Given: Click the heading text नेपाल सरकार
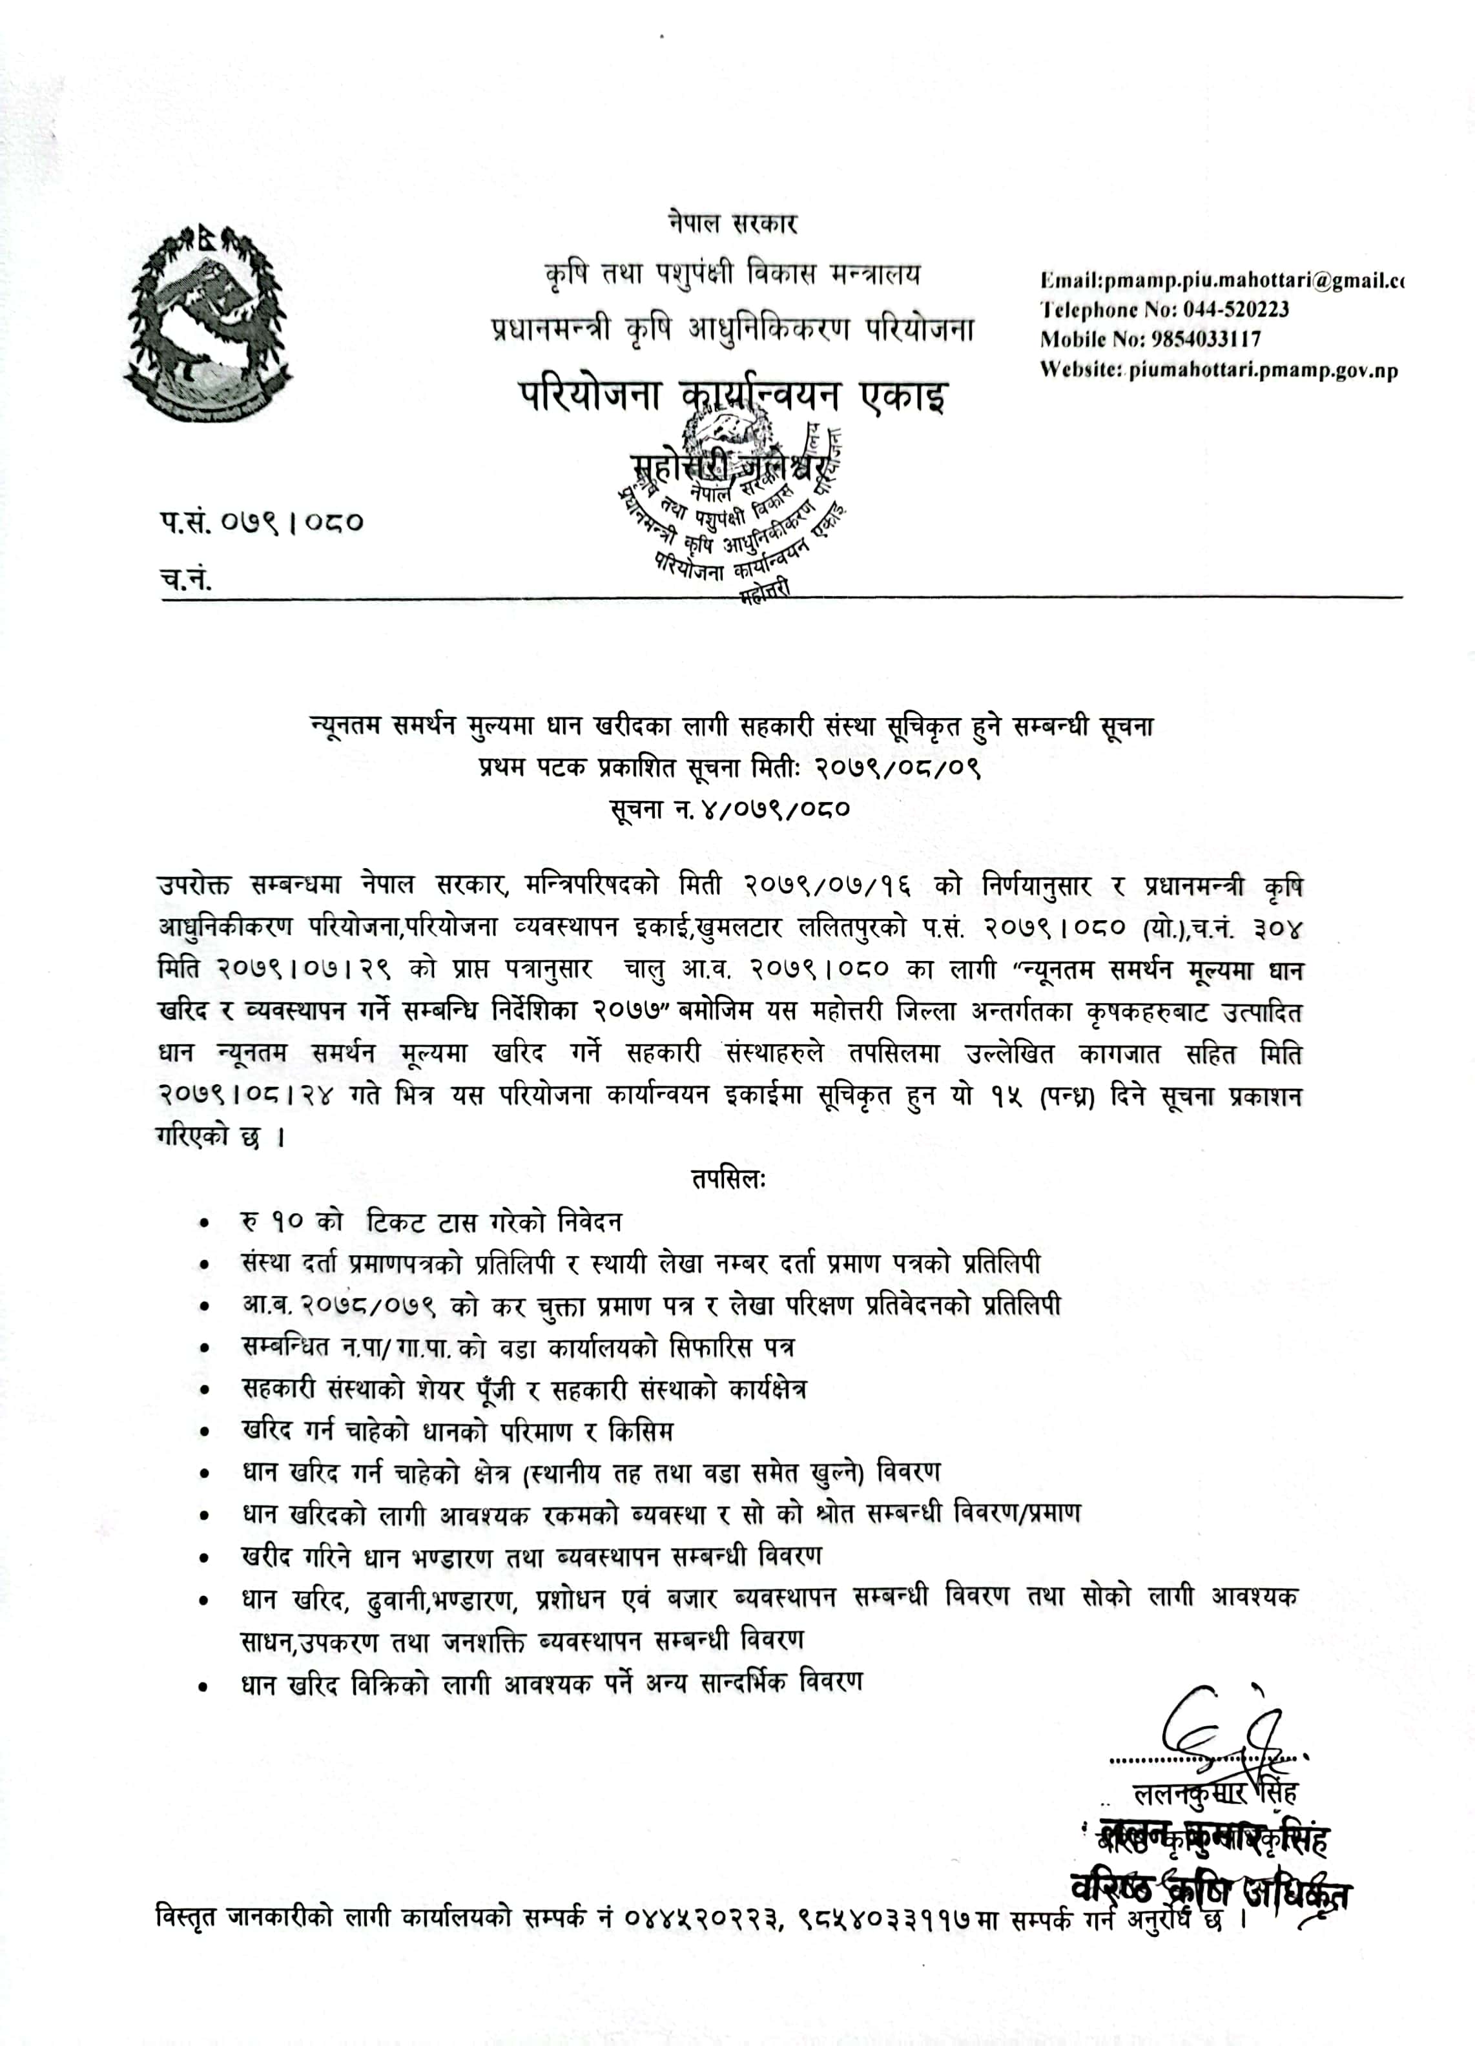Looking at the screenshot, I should tap(732, 223).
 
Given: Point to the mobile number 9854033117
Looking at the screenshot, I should tap(1204, 339).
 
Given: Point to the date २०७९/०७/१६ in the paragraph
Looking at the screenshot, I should tap(827, 886).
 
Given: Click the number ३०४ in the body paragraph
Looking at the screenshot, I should tap(1278, 927).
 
